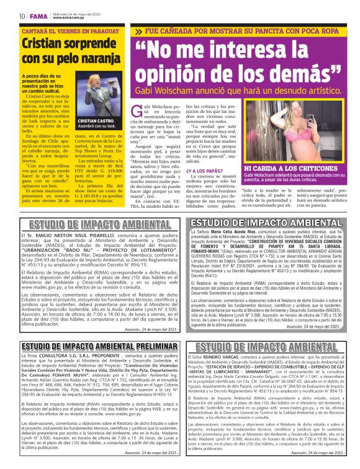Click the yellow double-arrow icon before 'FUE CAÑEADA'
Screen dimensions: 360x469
point(138,30)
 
